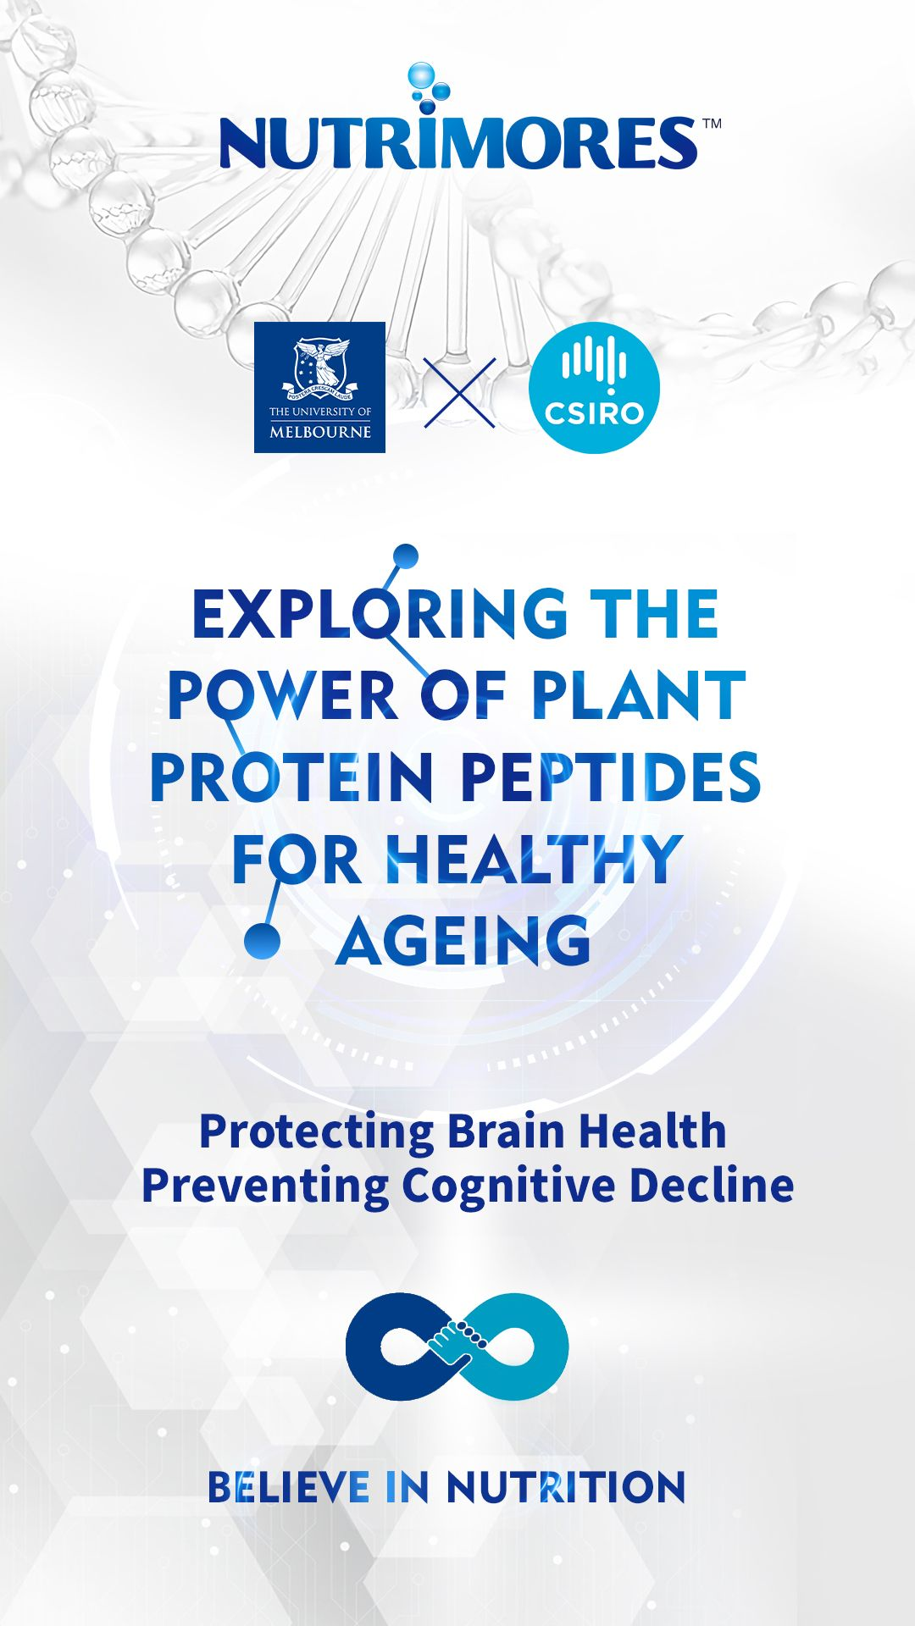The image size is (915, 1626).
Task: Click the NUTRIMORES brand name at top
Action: point(459,142)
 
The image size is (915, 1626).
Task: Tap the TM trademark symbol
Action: point(712,124)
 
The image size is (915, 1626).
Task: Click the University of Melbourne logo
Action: point(319,387)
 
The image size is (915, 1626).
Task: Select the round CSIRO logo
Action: point(594,388)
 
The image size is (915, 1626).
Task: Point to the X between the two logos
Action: point(459,392)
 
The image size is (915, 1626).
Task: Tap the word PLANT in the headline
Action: point(638,696)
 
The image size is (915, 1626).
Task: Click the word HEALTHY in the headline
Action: point(534,860)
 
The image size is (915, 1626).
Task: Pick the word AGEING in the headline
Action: point(463,941)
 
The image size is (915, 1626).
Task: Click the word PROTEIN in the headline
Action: point(291,777)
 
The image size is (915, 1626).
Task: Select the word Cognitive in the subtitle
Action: point(508,1186)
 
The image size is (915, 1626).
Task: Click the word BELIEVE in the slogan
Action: point(289,1488)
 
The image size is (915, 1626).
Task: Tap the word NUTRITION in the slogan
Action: point(566,1488)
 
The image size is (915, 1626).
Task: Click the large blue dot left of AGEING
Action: point(262,941)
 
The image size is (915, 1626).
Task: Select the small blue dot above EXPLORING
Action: point(406,556)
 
